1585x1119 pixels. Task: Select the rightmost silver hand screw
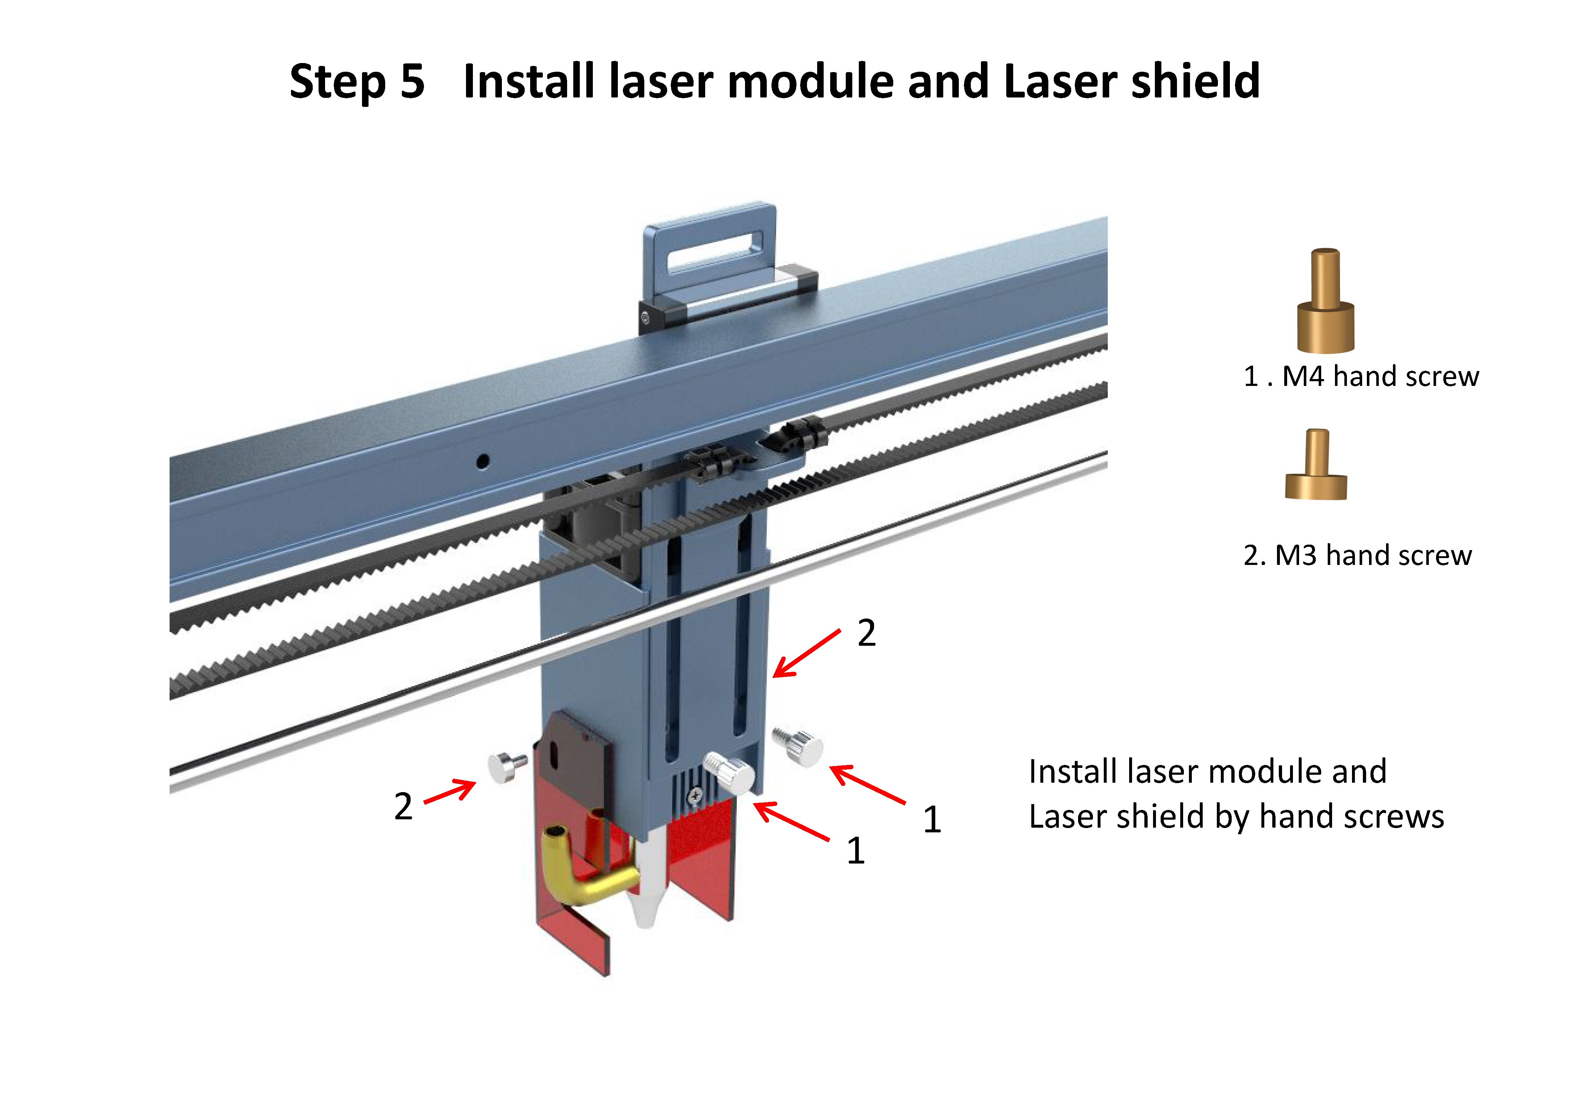[x=799, y=745]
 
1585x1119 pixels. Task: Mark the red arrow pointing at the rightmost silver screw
[x=867, y=785]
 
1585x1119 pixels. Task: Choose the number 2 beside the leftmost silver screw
[x=403, y=806]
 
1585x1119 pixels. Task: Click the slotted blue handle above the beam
[x=711, y=249]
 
